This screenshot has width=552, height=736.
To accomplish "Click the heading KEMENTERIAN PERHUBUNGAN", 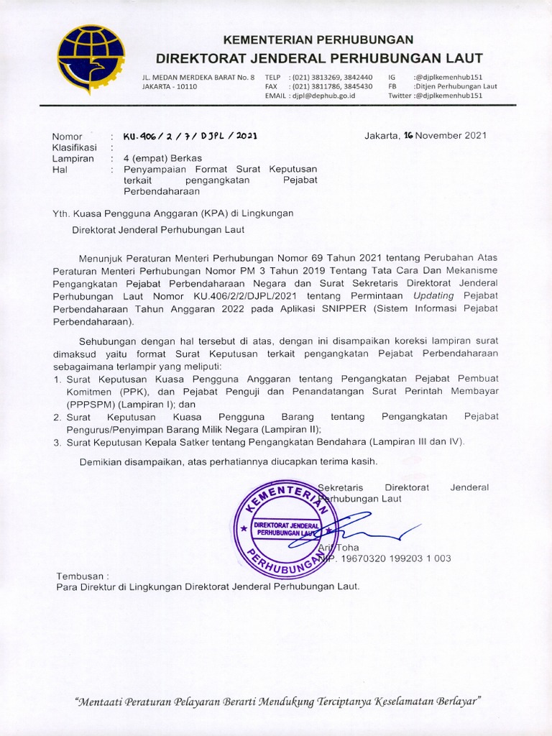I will pyautogui.click(x=318, y=40).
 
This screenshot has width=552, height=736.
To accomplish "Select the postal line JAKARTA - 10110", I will pyautogui.click(x=170, y=86).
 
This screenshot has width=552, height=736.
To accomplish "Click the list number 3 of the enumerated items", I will pyautogui.click(x=57, y=442).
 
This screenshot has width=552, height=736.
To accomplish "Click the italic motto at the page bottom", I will pyautogui.click(x=277, y=700).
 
